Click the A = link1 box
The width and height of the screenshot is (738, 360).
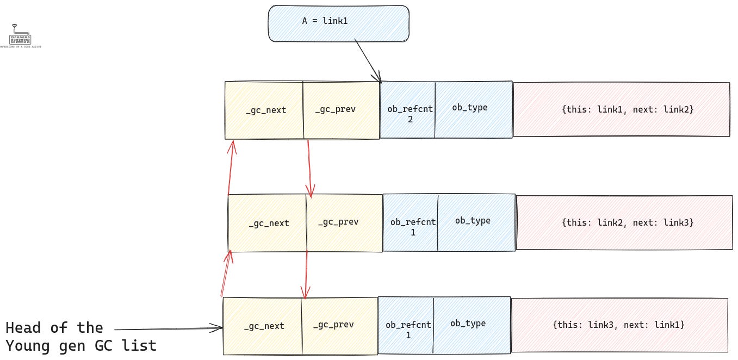pos(338,23)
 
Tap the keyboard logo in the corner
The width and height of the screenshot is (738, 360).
pos(20,36)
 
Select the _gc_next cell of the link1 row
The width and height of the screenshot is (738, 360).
pos(264,110)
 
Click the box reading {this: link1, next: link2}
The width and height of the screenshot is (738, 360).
pos(621,109)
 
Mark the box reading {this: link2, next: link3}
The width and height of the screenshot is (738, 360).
pos(624,222)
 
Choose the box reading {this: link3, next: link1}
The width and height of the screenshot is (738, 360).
pos(619,325)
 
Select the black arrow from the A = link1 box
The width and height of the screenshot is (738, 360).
pos(368,60)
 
